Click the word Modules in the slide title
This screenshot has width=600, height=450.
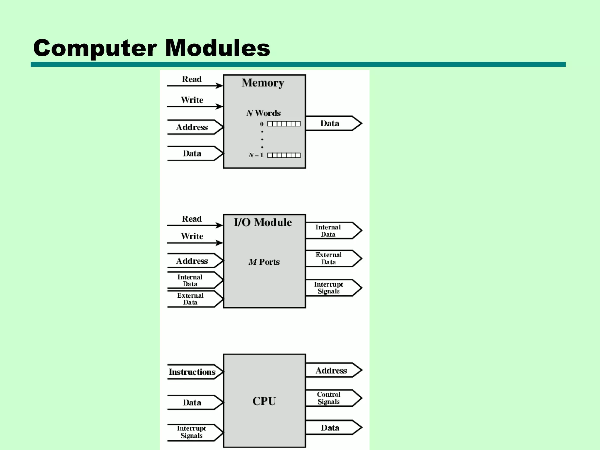217,48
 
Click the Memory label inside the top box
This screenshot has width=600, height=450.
263,83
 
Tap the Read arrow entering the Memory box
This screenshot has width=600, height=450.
195,86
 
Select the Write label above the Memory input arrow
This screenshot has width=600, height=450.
192,100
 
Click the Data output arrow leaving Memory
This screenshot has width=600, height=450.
333,123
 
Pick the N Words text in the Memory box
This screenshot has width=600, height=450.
263,113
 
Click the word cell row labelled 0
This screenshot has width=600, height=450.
284,124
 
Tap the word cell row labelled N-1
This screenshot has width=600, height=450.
284,155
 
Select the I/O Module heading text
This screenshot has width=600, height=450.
263,222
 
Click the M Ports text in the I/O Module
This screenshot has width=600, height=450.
264,262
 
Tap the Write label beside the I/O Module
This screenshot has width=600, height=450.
192,236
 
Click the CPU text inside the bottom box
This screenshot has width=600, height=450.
264,401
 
